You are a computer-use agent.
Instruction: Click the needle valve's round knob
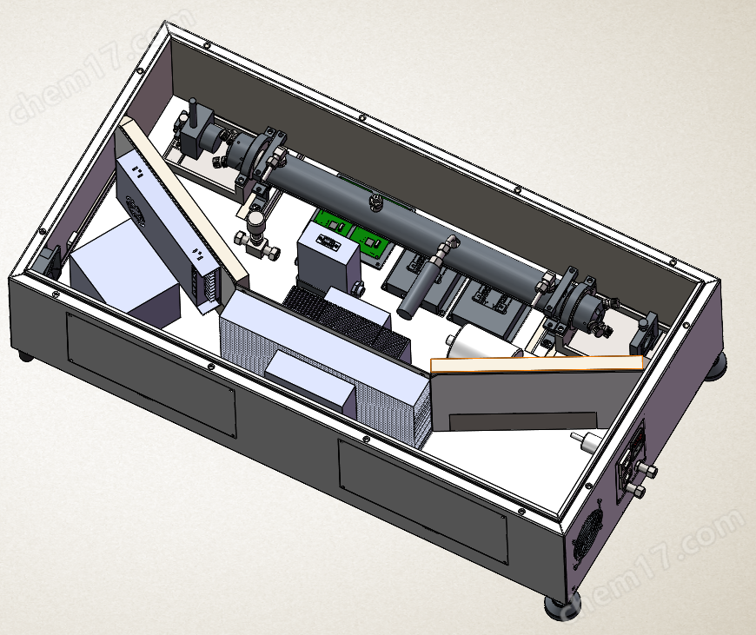(x=255, y=222)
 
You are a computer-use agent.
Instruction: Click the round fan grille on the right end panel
(x=587, y=530)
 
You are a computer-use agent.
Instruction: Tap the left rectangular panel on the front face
(x=151, y=374)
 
